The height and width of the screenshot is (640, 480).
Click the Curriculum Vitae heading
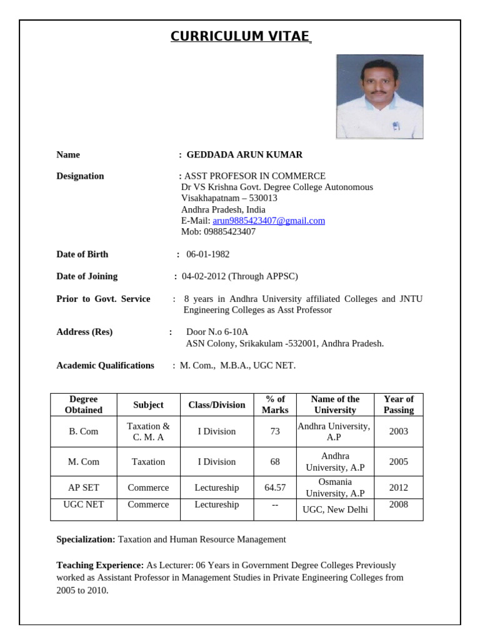click(240, 36)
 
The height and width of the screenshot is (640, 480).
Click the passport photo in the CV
click(379, 96)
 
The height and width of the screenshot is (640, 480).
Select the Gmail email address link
click(269, 221)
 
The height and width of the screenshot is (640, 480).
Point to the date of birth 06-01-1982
click(207, 254)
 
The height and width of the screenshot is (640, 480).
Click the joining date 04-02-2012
click(204, 276)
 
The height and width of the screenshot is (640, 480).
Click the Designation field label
click(80, 176)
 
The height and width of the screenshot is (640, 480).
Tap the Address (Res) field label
click(84, 332)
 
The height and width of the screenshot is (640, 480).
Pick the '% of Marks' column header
click(275, 404)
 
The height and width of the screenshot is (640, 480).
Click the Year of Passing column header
click(398, 404)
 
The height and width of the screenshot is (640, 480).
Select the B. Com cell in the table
click(84, 431)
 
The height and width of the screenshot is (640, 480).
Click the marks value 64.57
click(275, 487)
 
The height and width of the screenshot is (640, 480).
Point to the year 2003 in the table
click(398, 431)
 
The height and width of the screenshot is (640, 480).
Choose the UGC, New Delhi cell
click(335, 509)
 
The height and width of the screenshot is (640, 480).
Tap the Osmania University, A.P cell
click(335, 487)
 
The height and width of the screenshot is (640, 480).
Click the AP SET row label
click(84, 487)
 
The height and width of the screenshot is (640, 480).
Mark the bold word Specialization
click(86, 539)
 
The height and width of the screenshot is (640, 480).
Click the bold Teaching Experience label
click(100, 565)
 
